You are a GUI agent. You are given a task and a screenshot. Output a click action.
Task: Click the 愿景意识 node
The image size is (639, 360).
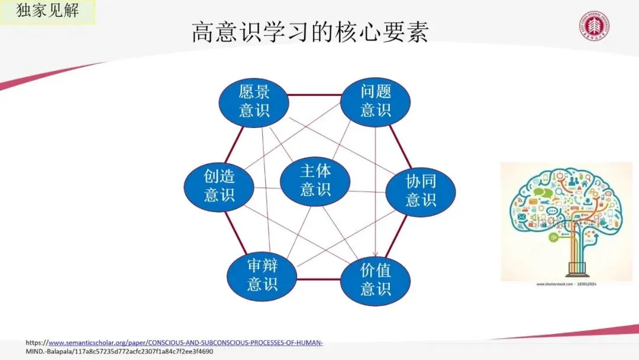pos(254,101)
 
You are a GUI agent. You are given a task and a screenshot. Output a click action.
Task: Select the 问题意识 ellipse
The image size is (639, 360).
pos(376,101)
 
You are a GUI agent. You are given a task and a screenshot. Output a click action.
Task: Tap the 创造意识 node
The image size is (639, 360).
pos(220,185)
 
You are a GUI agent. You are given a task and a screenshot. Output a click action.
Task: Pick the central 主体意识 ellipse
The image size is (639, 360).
pos(315,180)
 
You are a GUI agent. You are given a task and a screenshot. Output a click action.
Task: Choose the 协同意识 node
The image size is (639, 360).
pos(421,189)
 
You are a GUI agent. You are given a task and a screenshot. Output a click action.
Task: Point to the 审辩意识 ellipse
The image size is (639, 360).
pos(262,275)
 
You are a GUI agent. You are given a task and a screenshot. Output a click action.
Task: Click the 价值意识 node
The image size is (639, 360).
pos(376,279)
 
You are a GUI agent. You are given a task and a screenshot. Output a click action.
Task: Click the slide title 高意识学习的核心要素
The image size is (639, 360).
pos(309,33)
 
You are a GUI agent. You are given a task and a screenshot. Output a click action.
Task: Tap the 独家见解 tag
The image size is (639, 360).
pos(47,11)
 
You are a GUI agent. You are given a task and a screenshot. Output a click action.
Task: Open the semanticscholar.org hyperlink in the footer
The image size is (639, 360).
pos(185,343)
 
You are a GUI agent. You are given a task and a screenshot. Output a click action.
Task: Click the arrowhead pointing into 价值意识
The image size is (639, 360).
pos(375,256)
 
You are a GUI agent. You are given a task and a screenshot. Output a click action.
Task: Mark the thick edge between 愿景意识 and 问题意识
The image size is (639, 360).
pos(315,95)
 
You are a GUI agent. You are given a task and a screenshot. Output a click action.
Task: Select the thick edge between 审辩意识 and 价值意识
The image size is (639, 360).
pos(319,278)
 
